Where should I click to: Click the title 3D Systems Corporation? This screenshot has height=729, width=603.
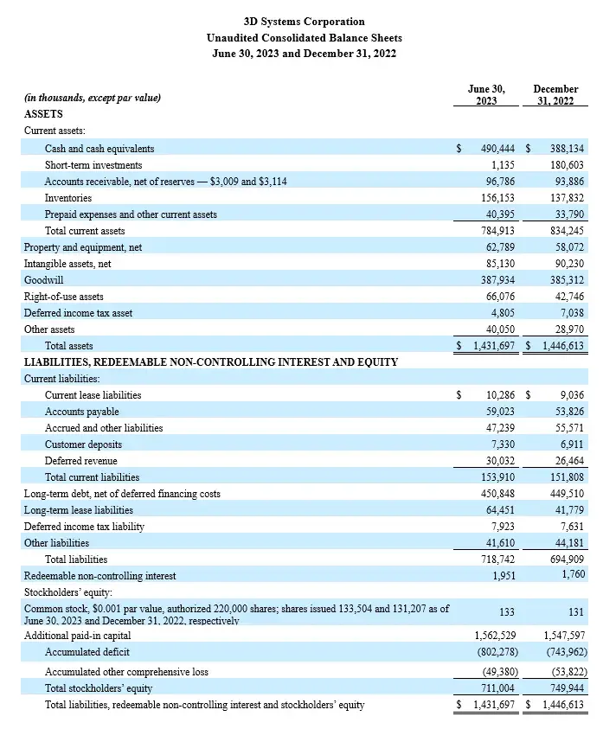pyautogui.click(x=304, y=22)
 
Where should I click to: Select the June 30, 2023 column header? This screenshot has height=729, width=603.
pyautogui.click(x=485, y=95)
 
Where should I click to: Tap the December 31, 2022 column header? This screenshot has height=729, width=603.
pyautogui.click(x=555, y=95)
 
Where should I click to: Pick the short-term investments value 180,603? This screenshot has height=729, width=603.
pyautogui.click(x=567, y=165)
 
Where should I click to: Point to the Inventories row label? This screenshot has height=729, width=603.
pyautogui.click(x=68, y=198)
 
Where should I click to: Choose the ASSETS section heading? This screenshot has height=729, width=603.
pyautogui.click(x=43, y=114)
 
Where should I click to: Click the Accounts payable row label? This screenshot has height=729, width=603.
pyautogui.click(x=82, y=412)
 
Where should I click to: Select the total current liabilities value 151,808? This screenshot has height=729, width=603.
pyautogui.click(x=567, y=477)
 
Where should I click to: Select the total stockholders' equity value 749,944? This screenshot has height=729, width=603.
pyautogui.click(x=567, y=688)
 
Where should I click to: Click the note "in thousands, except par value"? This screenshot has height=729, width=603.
pyautogui.click(x=93, y=99)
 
